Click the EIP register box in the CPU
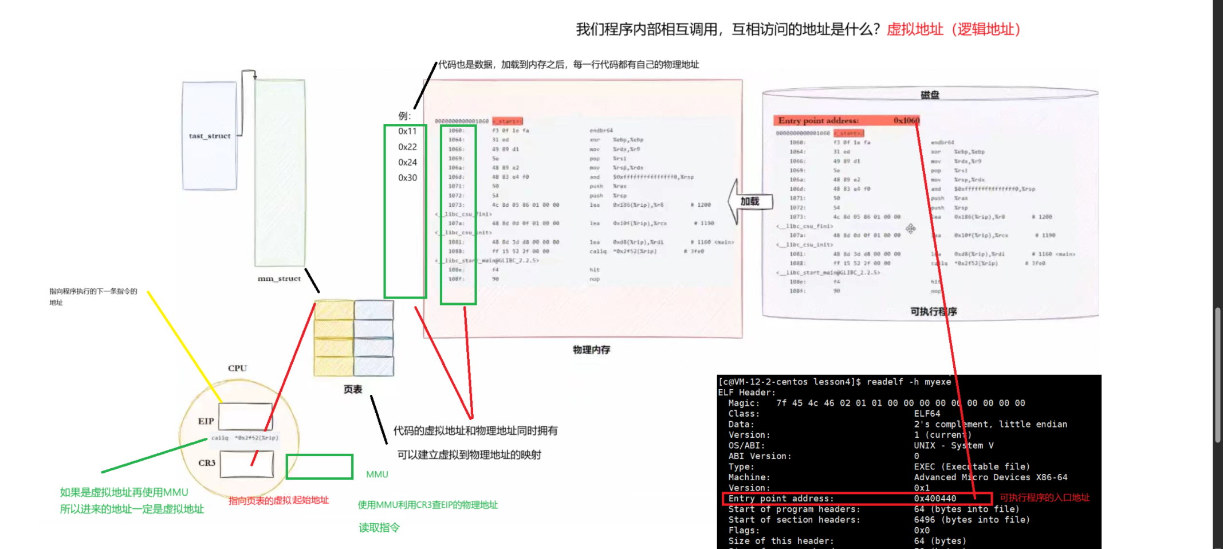point(245,416)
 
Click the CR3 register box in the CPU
point(246,464)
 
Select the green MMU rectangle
point(319,466)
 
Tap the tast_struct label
point(210,136)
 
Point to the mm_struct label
point(279,279)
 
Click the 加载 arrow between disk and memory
point(749,201)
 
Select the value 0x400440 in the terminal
point(935,499)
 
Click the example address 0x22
point(407,147)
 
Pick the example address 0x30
point(407,178)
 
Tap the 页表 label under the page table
point(352,390)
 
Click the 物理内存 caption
point(591,350)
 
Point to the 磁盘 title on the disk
point(930,95)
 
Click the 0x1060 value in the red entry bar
point(906,120)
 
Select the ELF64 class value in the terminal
point(927,414)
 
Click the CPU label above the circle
point(237,368)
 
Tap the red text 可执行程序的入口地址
point(1044,497)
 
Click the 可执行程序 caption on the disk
point(933,311)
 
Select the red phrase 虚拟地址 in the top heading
point(915,29)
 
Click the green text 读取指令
point(379,528)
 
